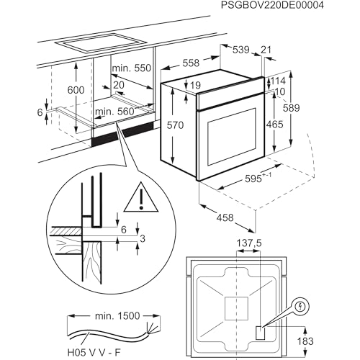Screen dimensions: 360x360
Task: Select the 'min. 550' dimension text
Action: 131,68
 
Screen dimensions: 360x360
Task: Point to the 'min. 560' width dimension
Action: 114,112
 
